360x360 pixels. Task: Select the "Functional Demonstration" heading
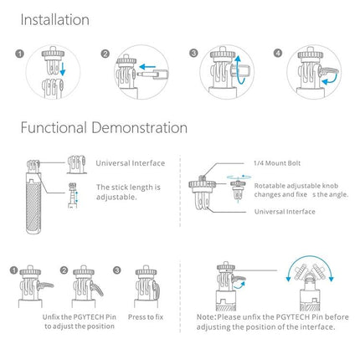(104, 128)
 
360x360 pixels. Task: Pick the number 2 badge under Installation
(105, 54)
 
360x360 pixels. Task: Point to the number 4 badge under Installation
(279, 54)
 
